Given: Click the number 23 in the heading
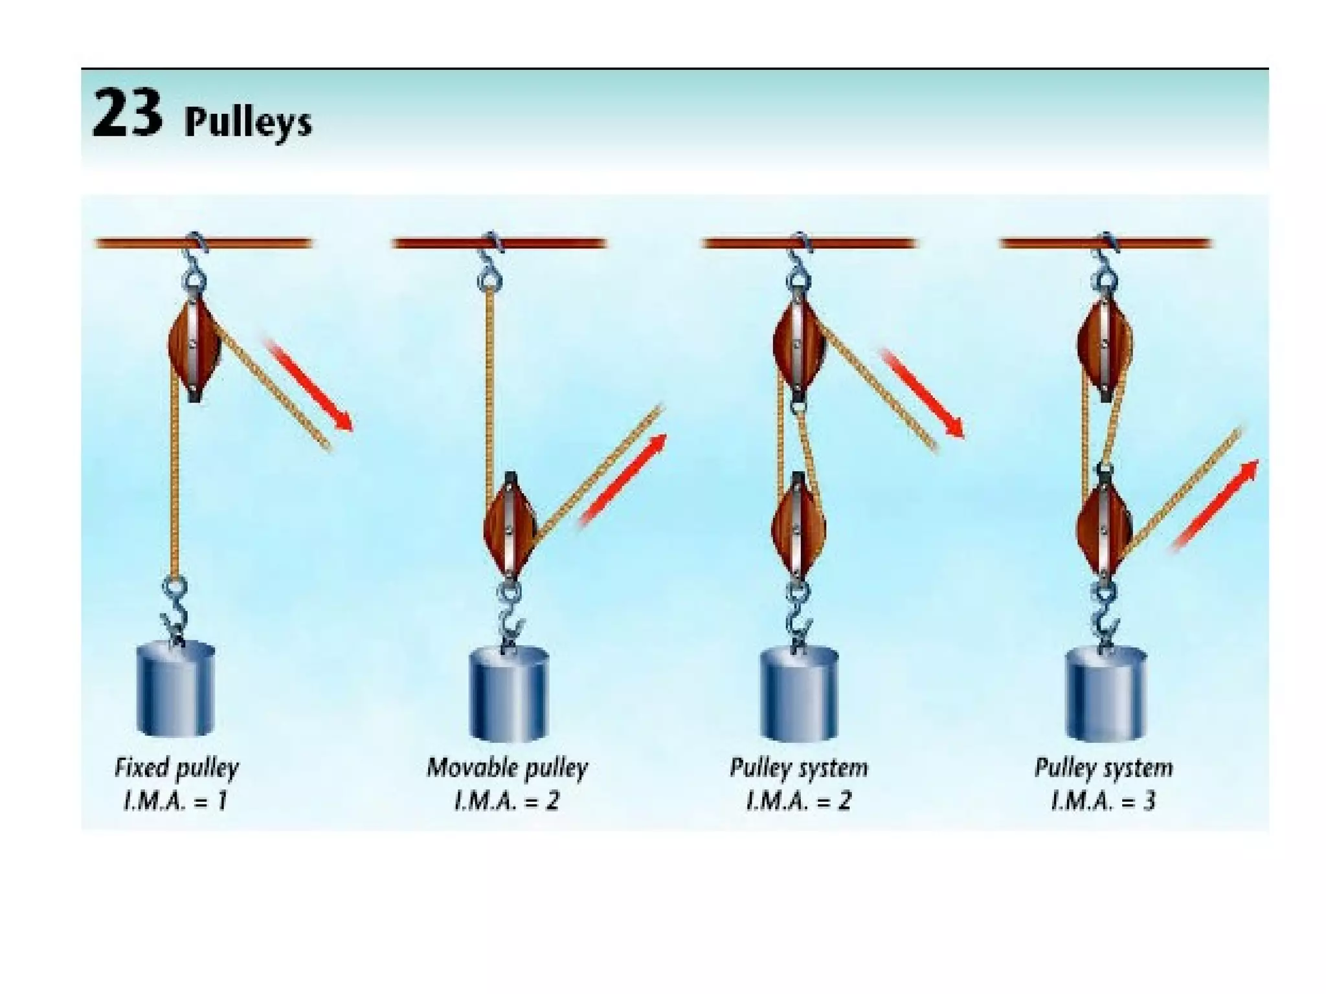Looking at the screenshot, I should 127,114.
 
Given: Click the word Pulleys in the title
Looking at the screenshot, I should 248,122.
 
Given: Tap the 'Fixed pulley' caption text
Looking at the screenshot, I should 176,768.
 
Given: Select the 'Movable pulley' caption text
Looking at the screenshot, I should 507,768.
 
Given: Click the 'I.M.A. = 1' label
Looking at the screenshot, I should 176,802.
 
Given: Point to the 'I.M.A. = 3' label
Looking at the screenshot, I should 1103,802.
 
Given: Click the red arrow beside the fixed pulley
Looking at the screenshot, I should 310,384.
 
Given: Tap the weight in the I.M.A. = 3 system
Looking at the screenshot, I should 1105,695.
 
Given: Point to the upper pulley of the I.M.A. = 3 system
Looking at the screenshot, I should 1105,343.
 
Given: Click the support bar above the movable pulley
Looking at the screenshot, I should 499,243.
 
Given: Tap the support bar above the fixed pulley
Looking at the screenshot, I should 203,243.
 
